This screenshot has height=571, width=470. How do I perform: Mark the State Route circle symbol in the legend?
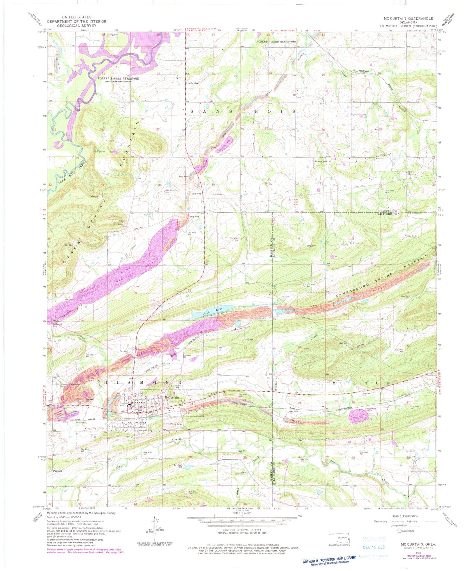(x=400, y=530)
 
